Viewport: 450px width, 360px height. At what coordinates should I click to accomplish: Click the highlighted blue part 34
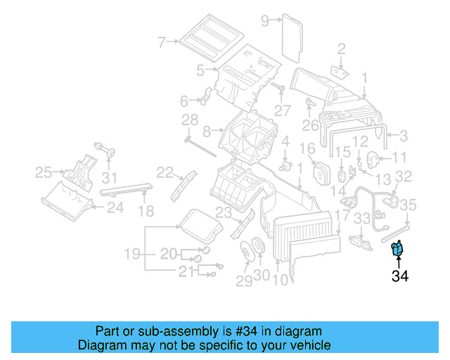click(398, 249)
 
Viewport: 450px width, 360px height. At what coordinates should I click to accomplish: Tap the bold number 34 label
click(400, 276)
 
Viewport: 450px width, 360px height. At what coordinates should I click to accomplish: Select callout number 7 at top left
click(162, 42)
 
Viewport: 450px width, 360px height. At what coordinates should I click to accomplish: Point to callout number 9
click(265, 20)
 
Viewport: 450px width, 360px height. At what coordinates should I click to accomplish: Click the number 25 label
click(44, 172)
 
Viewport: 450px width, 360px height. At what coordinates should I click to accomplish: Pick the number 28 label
click(190, 120)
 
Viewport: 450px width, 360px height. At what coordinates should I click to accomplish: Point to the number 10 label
click(279, 279)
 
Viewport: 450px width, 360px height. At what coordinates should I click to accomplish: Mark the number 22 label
click(165, 172)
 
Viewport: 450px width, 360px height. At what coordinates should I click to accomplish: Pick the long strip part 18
click(126, 188)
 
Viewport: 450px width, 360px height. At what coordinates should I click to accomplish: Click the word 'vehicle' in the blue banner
click(309, 345)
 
